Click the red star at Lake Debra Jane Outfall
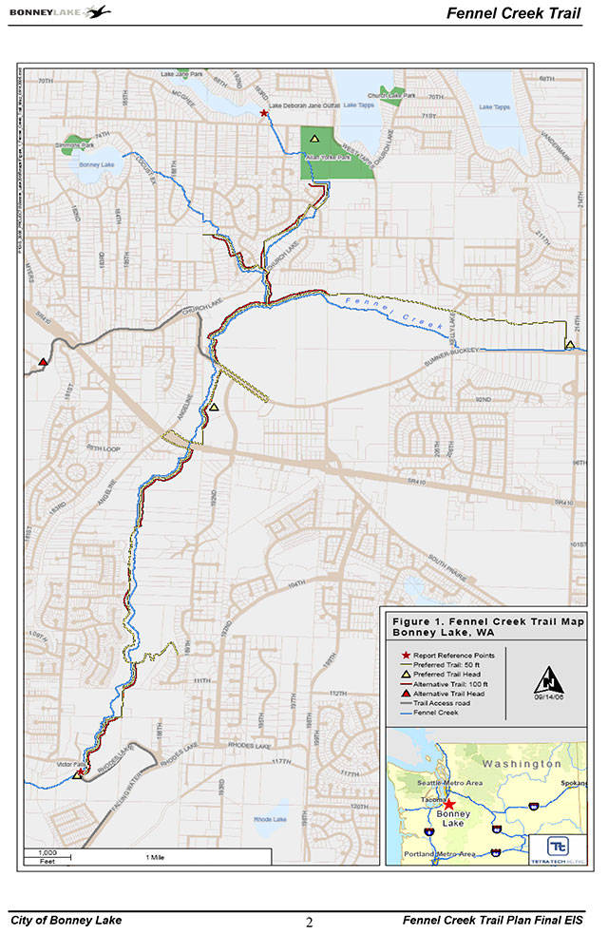[263, 113]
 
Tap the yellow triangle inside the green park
[313, 139]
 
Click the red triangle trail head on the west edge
[42, 362]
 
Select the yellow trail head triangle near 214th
[569, 344]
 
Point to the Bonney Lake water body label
[96, 164]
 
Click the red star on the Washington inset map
[448, 803]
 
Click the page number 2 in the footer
[310, 921]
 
